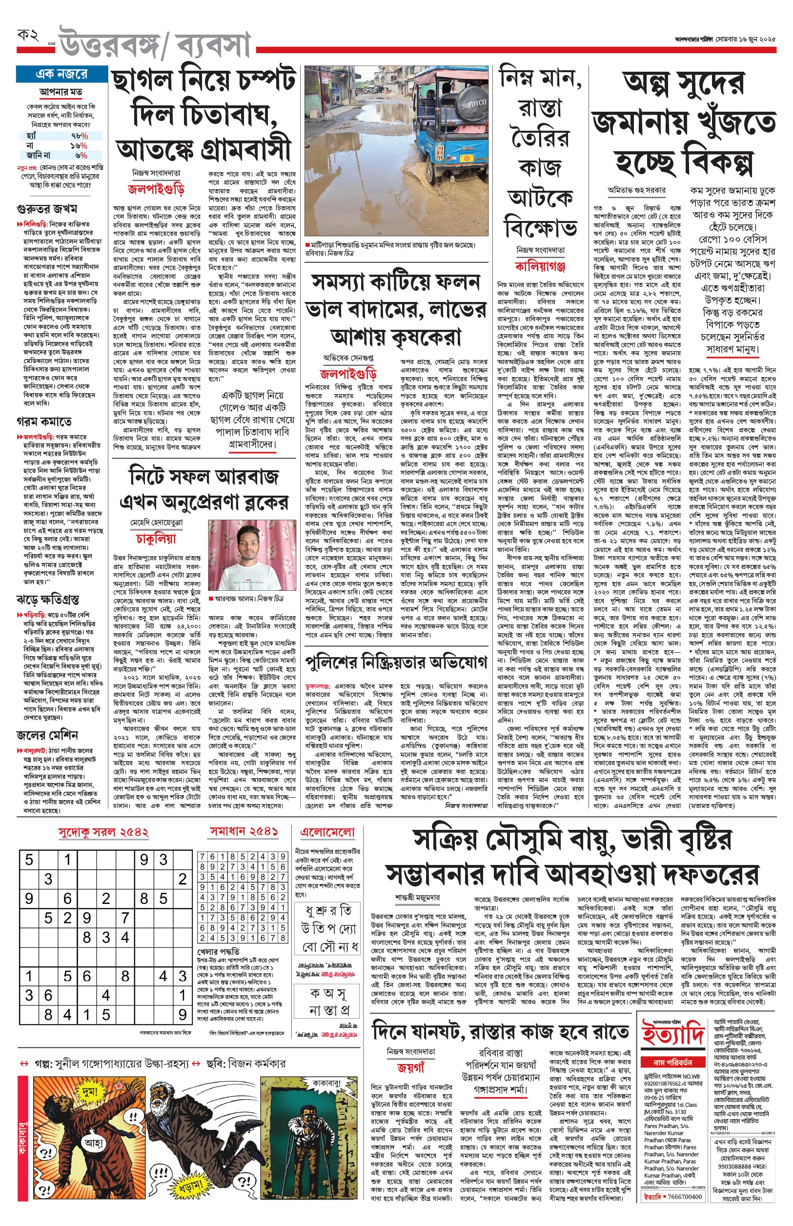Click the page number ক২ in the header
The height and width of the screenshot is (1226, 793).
pyautogui.click(x=28, y=36)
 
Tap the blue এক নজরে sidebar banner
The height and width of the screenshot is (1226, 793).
pyautogui.click(x=62, y=74)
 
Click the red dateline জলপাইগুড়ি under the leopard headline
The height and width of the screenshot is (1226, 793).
pyautogui.click(x=156, y=189)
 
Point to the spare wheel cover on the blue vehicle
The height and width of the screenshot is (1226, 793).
pyautogui.click(x=472, y=103)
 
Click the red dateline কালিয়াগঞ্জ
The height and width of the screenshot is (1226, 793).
pyautogui.click(x=540, y=265)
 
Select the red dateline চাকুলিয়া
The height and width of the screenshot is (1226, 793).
pyautogui.click(x=156, y=539)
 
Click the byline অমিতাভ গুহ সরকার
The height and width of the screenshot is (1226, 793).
pyautogui.click(x=636, y=190)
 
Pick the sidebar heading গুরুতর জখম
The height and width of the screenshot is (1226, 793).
pyautogui.click(x=47, y=209)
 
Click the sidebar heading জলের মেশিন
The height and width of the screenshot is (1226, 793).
pyautogui.click(x=47, y=734)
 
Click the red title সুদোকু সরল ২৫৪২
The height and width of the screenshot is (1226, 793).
pyautogui.click(x=103, y=832)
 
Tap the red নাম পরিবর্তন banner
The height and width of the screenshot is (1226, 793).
pyautogui.click(x=672, y=1063)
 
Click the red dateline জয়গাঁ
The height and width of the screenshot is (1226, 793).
pyautogui.click(x=411, y=1068)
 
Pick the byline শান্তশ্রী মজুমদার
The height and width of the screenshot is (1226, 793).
pyautogui.click(x=418, y=898)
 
